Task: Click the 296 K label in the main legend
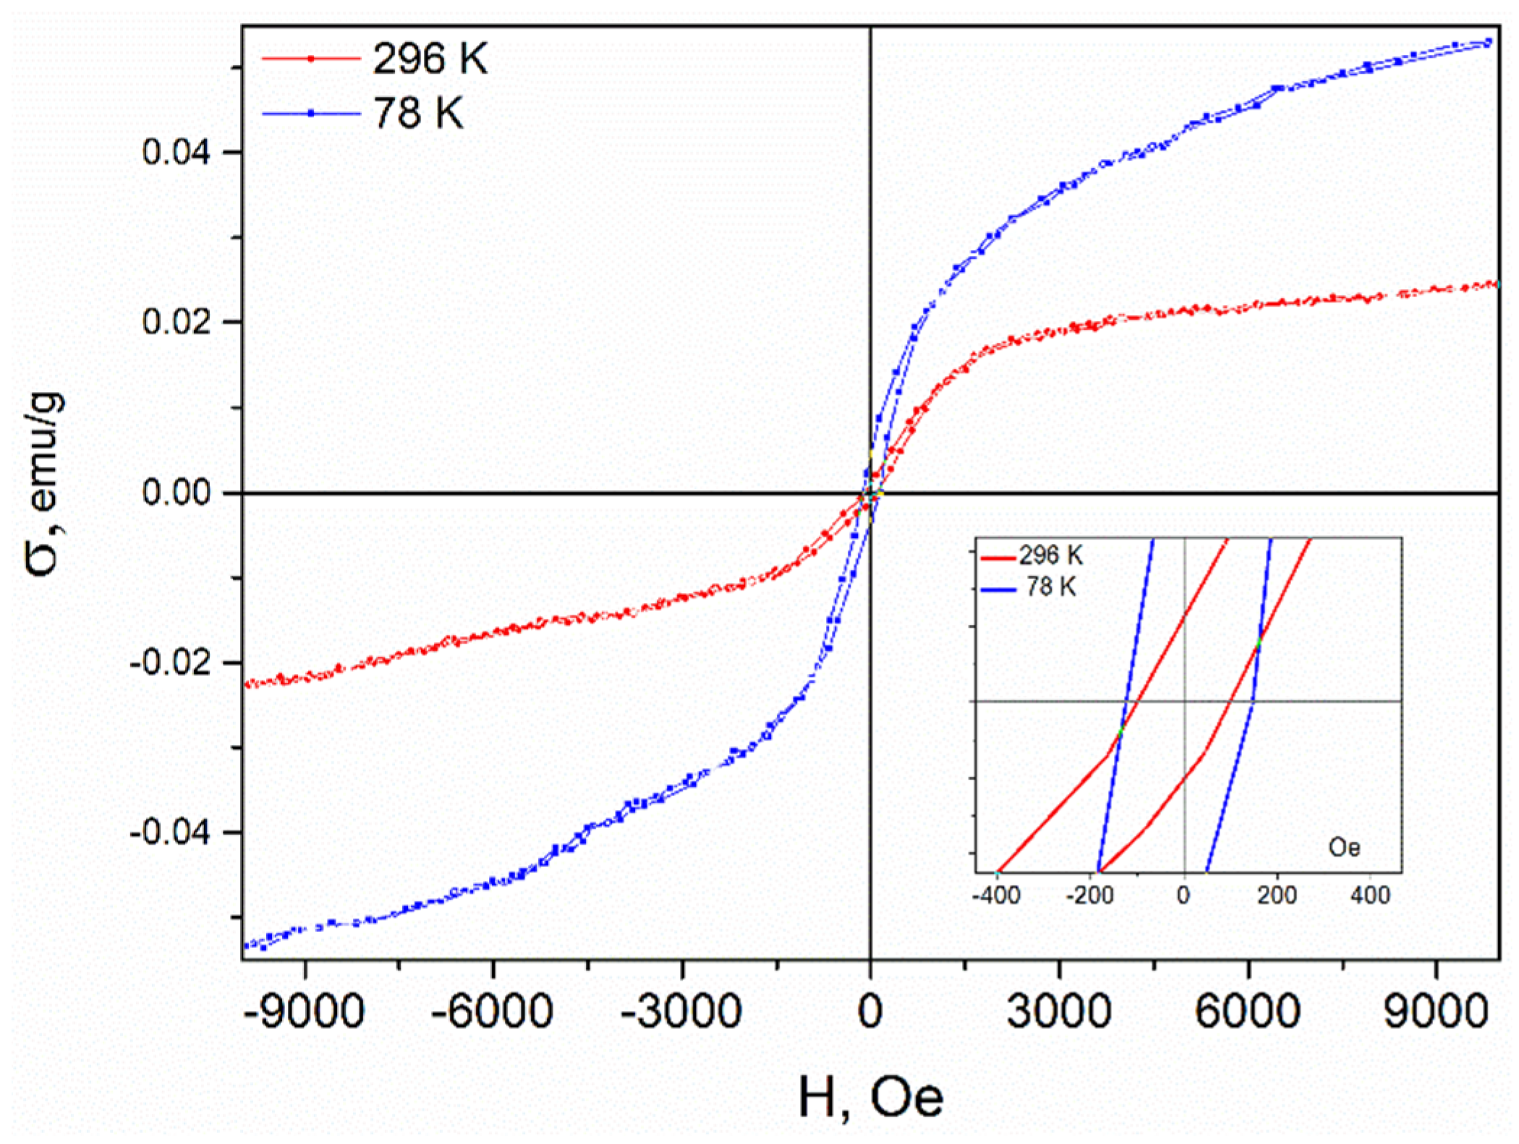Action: click(x=430, y=59)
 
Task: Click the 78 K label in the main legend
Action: click(x=418, y=114)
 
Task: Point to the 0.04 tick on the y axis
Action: click(x=176, y=152)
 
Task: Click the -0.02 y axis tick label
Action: click(x=170, y=662)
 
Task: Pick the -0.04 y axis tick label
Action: click(x=170, y=832)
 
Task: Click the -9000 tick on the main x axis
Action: click(x=304, y=1010)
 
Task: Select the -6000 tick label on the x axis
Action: click(x=493, y=1010)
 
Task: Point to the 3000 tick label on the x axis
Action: click(x=1059, y=1010)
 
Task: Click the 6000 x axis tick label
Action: click(x=1248, y=1010)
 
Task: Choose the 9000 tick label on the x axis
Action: click(x=1436, y=1010)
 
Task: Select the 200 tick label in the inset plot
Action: click(x=1277, y=896)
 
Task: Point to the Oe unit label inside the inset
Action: click(x=1344, y=847)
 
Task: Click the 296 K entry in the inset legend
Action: click(x=1050, y=555)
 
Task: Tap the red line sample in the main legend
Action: click(x=311, y=59)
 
